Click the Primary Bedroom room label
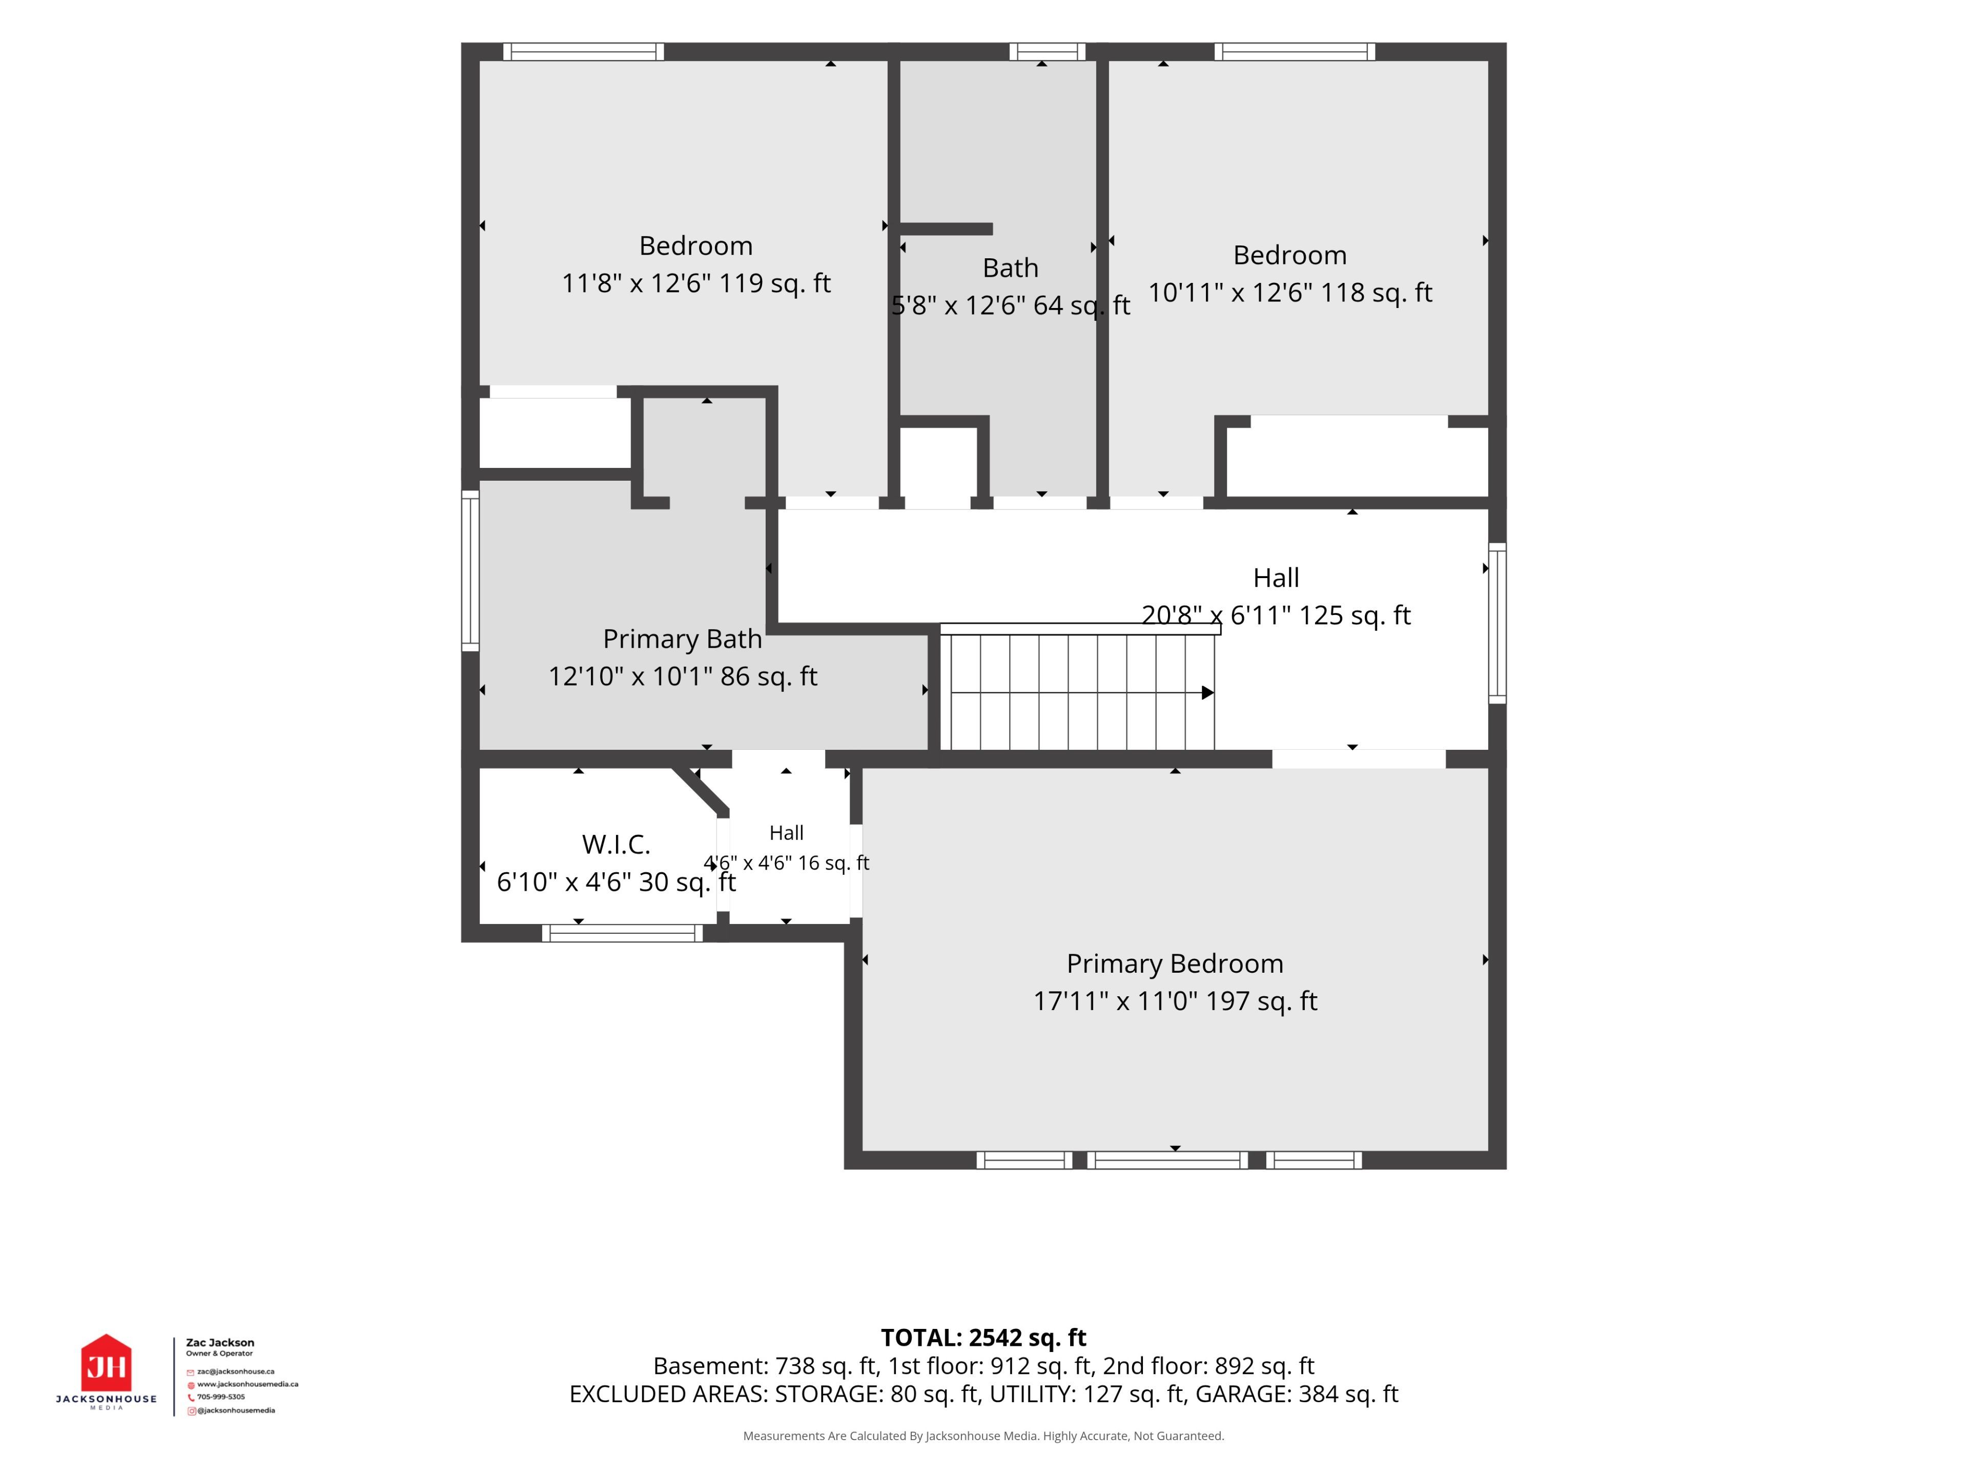[1175, 963]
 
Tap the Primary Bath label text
[683, 639]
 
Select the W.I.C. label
[616, 844]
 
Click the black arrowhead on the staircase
[1207, 692]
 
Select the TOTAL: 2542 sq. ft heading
[983, 1337]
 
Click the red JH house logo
[106, 1362]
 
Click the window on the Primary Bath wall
[470, 570]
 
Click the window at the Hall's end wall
[1498, 623]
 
